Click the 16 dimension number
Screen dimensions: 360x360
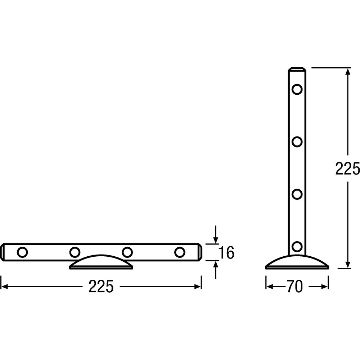(226, 253)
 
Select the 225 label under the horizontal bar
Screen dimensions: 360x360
(101, 287)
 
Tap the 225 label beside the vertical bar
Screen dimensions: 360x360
(347, 168)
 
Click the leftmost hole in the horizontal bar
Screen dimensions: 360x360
(22, 252)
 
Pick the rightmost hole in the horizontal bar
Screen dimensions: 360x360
(180, 252)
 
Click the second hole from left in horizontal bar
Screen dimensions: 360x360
(75, 252)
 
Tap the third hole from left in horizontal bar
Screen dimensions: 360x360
(127, 252)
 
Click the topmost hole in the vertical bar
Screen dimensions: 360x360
(297, 89)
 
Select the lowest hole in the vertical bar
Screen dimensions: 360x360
(297, 247)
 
